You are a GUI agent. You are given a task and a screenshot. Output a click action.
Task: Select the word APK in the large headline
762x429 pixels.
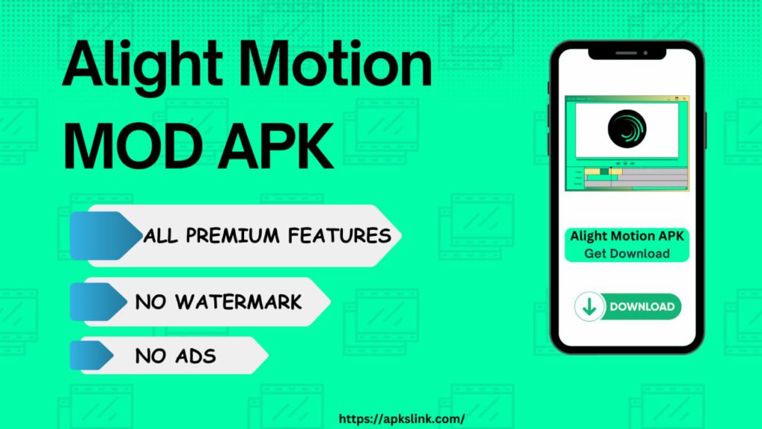[275, 146]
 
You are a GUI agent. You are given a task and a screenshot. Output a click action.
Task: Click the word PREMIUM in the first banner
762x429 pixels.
[233, 236]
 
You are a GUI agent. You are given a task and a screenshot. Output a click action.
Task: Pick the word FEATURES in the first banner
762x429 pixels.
[339, 236]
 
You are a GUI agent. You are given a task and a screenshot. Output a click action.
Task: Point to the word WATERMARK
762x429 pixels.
[238, 302]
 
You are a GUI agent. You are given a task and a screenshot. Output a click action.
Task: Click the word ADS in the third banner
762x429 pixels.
[196, 357]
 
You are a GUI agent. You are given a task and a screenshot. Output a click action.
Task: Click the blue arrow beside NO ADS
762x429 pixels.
[92, 355]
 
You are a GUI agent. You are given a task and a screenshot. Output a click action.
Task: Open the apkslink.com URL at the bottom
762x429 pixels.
[401, 419]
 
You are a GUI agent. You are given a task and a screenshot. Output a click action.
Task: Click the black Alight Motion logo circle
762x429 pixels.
[627, 129]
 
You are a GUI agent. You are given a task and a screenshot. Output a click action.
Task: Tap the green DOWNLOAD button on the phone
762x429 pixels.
[628, 306]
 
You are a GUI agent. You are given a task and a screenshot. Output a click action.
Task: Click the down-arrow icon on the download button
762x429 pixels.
[589, 307]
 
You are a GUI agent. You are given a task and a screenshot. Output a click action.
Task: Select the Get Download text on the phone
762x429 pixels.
[627, 253]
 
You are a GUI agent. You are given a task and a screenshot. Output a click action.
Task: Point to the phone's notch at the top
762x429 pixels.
[627, 53]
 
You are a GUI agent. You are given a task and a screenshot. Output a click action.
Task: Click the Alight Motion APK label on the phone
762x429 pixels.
[627, 236]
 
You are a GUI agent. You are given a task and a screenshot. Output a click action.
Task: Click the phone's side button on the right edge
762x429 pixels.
[705, 130]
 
